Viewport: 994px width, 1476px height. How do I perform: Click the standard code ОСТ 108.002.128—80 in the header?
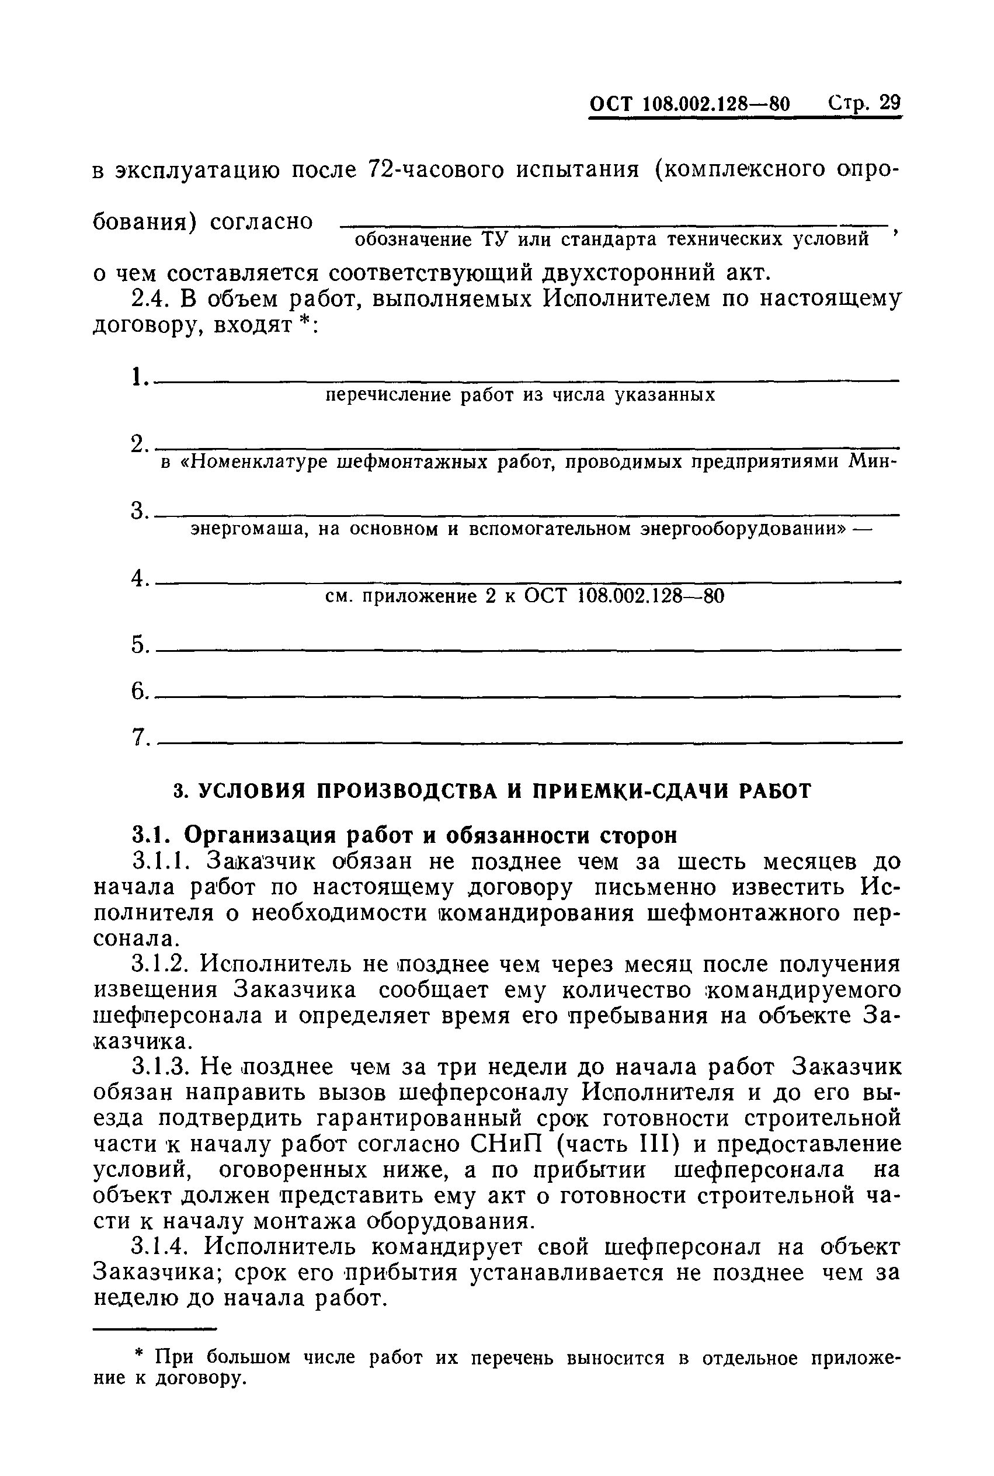point(690,104)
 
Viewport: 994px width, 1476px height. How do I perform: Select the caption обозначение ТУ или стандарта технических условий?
point(611,239)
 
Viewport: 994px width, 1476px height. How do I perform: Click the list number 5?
point(139,645)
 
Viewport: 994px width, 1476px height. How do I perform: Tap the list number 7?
point(139,737)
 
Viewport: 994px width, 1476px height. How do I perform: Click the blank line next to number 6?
point(526,696)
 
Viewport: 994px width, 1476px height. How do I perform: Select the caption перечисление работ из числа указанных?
point(520,395)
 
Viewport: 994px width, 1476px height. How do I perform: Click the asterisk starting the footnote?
point(140,1356)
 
